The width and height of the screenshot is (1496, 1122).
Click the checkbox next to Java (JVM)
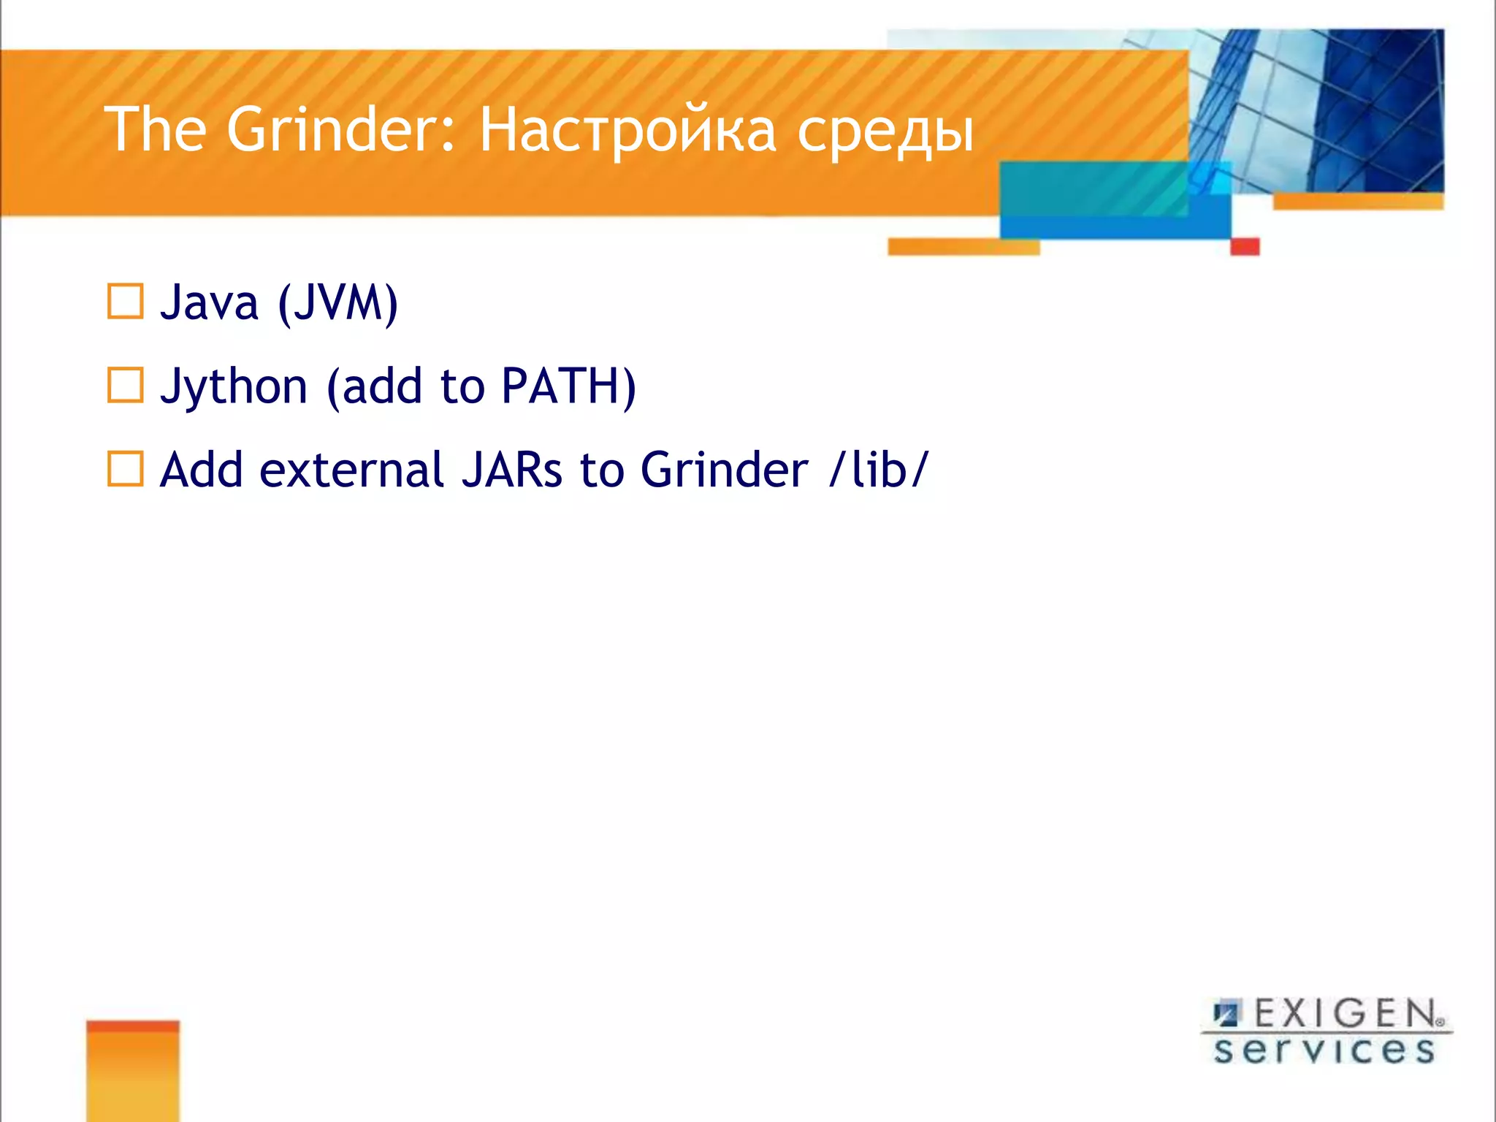(125, 302)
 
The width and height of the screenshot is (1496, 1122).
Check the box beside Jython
(125, 385)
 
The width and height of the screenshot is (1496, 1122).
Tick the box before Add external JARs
(125, 468)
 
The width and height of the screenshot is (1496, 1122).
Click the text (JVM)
(337, 302)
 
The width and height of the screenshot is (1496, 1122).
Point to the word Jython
(234, 387)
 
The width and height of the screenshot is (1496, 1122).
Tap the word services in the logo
(1324, 1050)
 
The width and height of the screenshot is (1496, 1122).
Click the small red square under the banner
(1245, 247)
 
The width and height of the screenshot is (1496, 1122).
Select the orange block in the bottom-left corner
(132, 1070)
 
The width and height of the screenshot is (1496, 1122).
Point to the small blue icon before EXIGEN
(1226, 1014)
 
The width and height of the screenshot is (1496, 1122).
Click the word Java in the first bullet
(209, 302)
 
